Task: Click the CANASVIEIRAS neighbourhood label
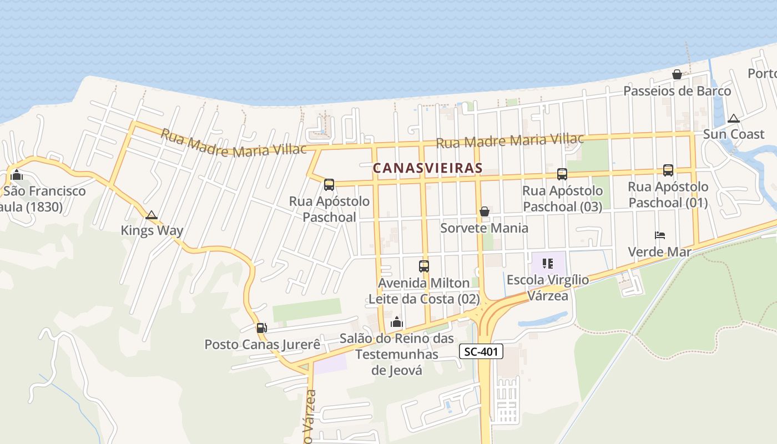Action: (427, 168)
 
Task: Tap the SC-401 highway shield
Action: (481, 351)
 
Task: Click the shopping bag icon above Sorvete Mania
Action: (485, 211)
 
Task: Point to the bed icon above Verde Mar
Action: (660, 235)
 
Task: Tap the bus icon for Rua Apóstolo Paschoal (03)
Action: (562, 174)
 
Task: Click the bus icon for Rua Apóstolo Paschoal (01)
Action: (668, 170)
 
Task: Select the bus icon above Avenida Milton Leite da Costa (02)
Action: (424, 266)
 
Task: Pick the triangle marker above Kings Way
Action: (152, 215)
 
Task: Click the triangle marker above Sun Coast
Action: (734, 118)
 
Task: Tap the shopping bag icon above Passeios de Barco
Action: (677, 74)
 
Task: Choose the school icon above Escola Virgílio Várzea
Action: (548, 264)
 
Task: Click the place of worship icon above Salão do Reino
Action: (397, 322)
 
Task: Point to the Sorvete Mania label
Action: (484, 228)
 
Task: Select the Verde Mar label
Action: (659, 252)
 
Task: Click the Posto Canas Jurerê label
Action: (262, 345)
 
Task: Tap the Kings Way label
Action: (152, 231)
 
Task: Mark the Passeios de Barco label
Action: (677, 91)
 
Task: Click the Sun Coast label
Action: (734, 134)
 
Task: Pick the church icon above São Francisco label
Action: (17, 175)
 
